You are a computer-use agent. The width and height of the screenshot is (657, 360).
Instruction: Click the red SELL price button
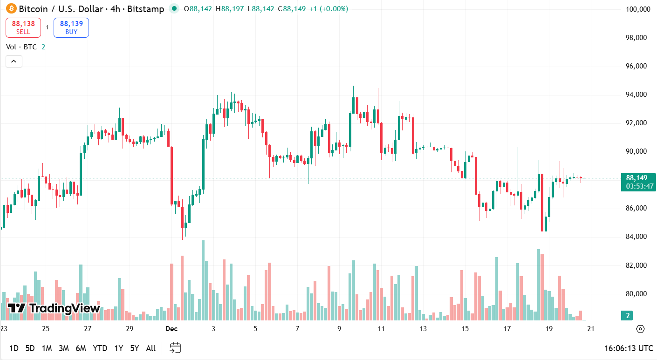point(23,27)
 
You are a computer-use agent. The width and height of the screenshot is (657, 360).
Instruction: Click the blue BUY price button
point(71,27)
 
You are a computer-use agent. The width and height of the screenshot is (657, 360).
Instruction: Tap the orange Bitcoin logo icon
point(11,8)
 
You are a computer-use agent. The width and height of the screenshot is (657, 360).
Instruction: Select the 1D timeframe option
point(14,348)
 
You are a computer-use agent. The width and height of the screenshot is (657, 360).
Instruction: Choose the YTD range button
point(100,348)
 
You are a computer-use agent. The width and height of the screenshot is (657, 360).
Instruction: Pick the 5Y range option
point(135,348)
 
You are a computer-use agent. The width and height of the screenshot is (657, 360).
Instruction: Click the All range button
point(151,348)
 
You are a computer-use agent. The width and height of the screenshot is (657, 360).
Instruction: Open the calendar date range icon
point(175,348)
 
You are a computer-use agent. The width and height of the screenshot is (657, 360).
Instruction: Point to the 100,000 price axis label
point(637,9)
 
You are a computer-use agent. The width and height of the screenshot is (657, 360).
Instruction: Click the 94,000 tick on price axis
point(637,95)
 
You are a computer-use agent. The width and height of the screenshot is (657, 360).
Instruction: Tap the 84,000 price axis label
point(637,237)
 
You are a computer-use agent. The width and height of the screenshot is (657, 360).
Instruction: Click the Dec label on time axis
point(171,329)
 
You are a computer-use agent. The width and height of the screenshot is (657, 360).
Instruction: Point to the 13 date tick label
point(423,329)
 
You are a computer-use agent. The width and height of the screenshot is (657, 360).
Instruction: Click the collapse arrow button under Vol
point(14,61)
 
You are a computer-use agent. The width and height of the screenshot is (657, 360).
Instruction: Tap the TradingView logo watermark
point(54,308)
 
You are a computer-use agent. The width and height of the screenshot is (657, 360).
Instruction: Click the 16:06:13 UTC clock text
point(629,348)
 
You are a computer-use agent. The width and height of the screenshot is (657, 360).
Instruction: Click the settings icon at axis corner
point(640,329)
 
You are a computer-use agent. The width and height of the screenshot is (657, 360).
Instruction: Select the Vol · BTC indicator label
point(21,47)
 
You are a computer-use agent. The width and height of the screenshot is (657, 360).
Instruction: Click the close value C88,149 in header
point(291,8)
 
